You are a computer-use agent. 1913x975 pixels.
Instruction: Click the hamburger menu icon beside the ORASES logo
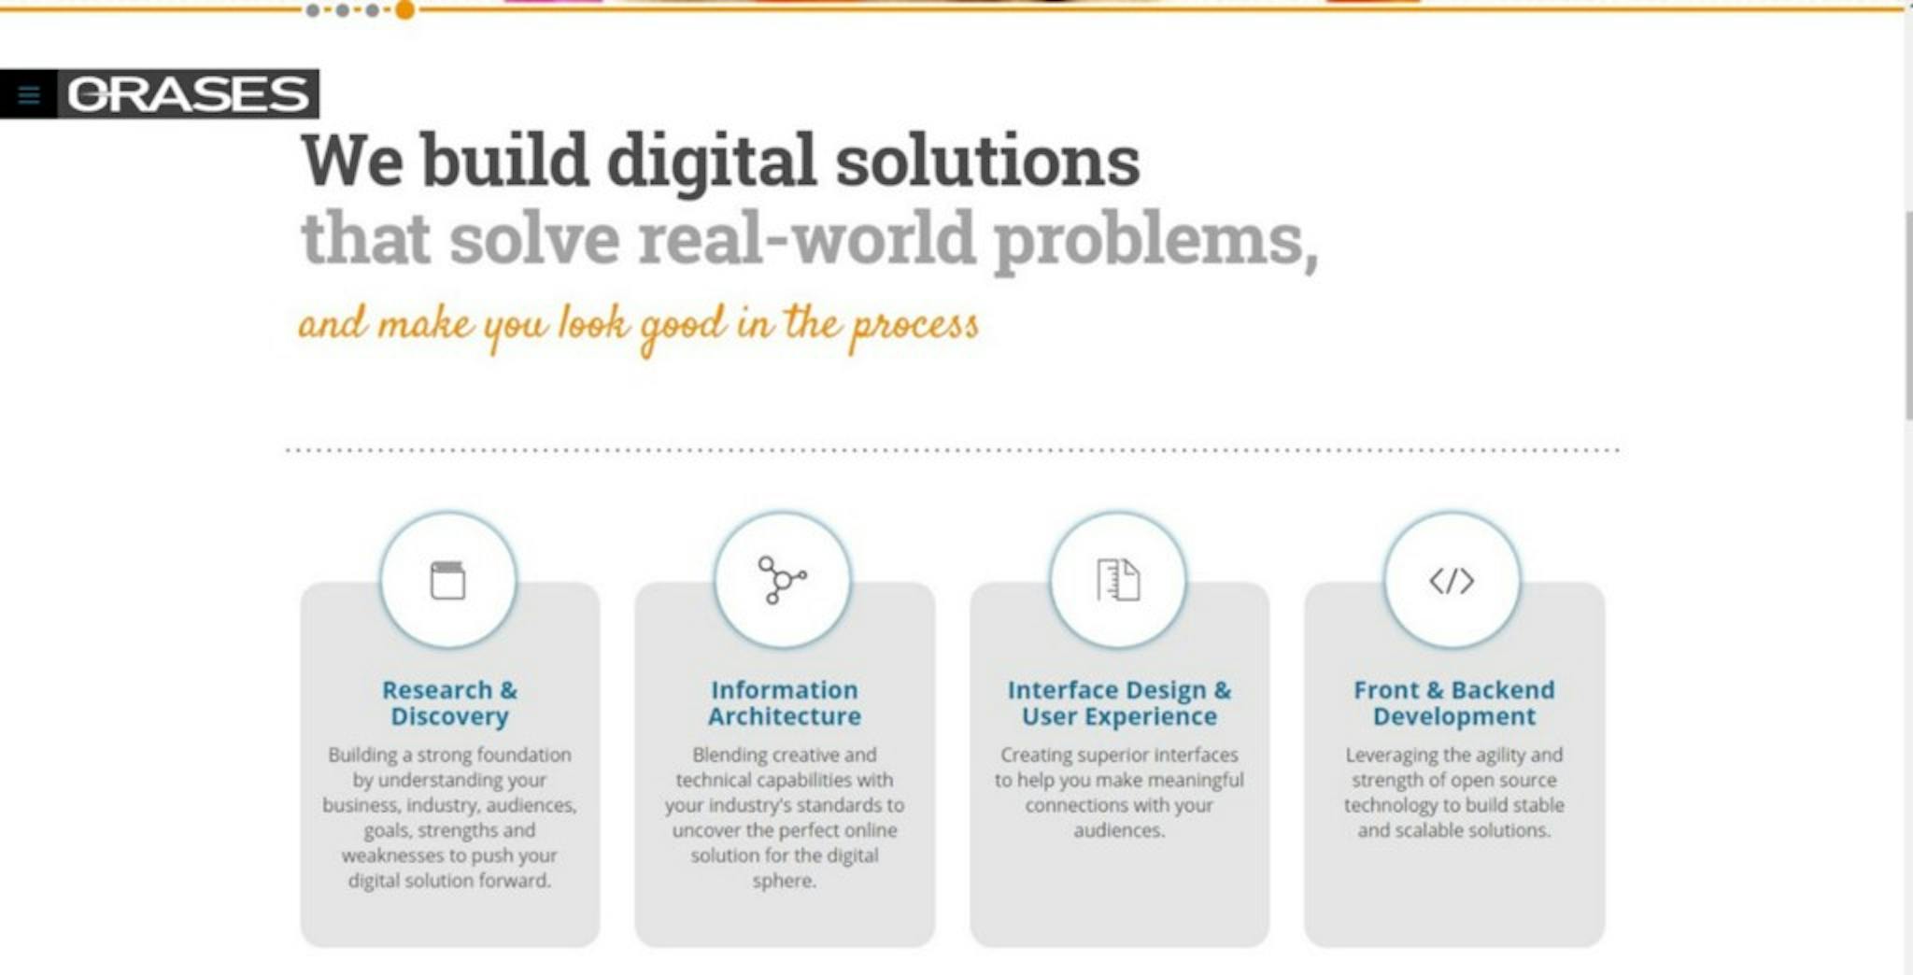29,95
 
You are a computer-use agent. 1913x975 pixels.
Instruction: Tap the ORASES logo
188,94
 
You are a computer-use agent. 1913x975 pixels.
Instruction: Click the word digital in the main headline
712,162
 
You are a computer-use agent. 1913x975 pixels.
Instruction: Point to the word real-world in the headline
806,239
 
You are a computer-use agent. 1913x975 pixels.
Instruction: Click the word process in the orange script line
914,326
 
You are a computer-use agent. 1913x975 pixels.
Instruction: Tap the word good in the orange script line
682,327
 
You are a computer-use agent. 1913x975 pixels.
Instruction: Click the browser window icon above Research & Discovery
447,580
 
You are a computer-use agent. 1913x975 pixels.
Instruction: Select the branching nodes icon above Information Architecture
782,580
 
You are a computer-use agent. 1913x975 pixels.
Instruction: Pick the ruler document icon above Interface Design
1118,580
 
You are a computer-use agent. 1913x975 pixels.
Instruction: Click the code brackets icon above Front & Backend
1452,581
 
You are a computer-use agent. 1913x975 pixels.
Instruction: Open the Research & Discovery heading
449,703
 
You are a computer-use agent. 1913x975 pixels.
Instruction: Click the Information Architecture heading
785,703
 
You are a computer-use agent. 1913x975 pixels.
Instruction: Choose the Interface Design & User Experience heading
1119,703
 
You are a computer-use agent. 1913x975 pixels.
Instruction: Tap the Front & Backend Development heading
1454,703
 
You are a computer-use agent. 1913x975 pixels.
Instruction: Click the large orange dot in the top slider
404,10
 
